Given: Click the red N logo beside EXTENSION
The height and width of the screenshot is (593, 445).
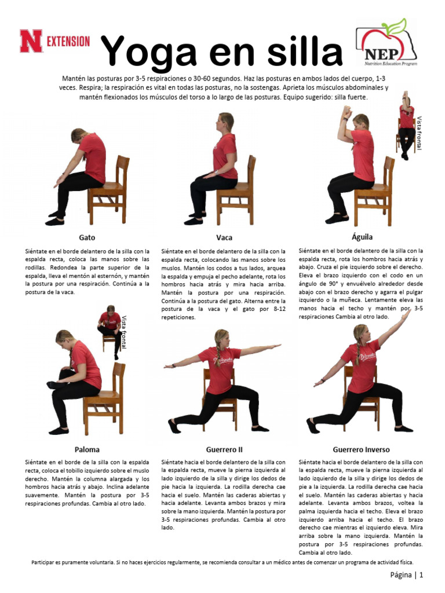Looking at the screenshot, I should click(31, 41).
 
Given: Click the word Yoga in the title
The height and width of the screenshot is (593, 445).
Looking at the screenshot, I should click(154, 51).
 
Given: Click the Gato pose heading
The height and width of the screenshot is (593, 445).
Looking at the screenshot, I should click(87, 237).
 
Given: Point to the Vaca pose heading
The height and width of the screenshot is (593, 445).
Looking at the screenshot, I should click(224, 237).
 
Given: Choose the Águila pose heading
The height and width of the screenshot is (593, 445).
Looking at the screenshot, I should click(362, 237).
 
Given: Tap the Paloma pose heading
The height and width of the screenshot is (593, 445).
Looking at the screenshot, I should click(87, 449).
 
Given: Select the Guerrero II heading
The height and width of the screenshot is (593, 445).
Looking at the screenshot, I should click(224, 449).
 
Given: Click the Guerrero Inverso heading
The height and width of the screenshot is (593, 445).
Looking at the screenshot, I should click(361, 449).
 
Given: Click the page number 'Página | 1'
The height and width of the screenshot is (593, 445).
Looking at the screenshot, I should click(406, 575).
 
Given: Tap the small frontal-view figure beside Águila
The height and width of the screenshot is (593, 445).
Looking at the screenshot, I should click(406, 125).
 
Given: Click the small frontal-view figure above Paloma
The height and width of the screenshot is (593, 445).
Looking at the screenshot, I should click(110, 331).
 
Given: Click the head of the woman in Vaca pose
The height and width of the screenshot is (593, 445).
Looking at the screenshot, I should click(225, 122).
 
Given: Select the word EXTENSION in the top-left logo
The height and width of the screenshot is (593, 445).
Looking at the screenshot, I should click(68, 41).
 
